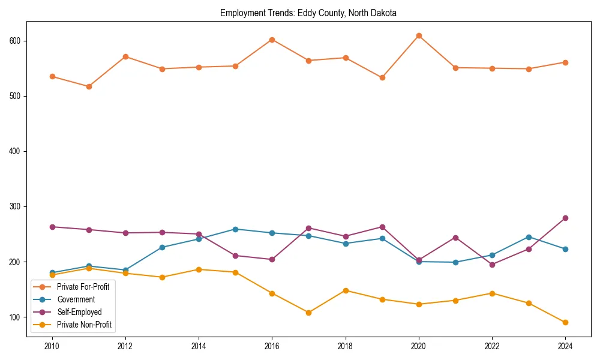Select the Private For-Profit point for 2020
point(419,36)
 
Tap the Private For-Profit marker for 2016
point(272,40)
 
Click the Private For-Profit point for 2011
point(89,86)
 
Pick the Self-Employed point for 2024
point(565,218)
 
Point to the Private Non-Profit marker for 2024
point(565,322)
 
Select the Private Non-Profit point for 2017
point(308,313)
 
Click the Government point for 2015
point(235,229)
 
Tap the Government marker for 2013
point(162,247)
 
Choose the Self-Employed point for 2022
point(492,265)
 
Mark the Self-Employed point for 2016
point(272,259)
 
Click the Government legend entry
point(76,299)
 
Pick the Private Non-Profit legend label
point(84,325)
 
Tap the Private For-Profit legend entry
point(83,287)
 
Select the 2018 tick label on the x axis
point(345,346)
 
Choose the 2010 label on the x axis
point(52,346)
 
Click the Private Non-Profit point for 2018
point(345,290)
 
